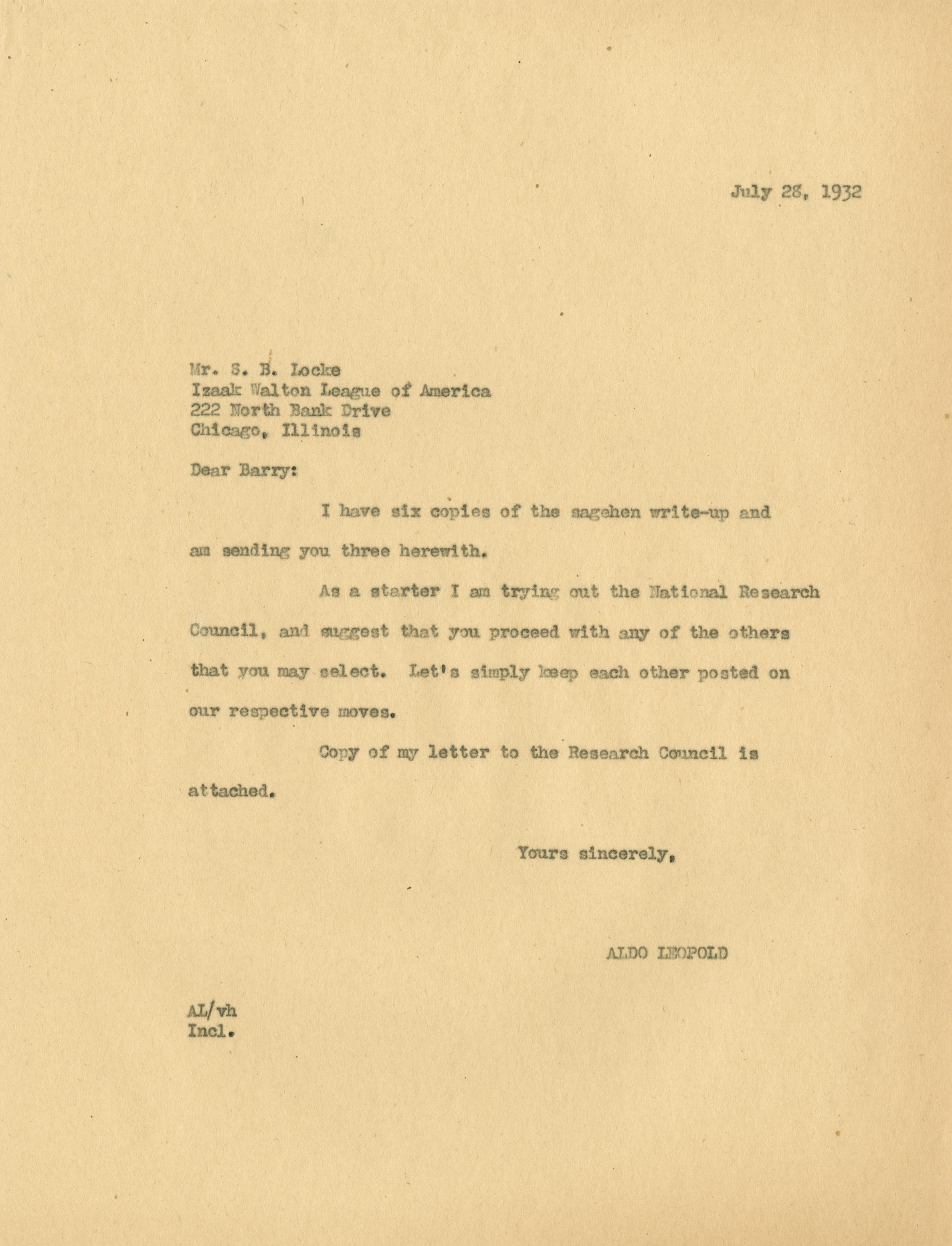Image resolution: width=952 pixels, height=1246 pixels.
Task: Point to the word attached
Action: (x=232, y=792)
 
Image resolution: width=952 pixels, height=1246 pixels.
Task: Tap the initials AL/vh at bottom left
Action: (x=212, y=1011)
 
